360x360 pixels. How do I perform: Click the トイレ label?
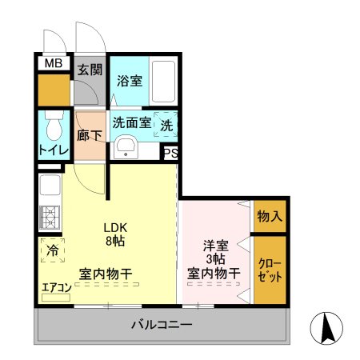[x=54, y=150]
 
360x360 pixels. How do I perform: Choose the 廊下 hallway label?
[x=88, y=136]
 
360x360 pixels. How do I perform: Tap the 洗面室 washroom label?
[x=131, y=124]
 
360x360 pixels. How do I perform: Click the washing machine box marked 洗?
[x=166, y=124]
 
